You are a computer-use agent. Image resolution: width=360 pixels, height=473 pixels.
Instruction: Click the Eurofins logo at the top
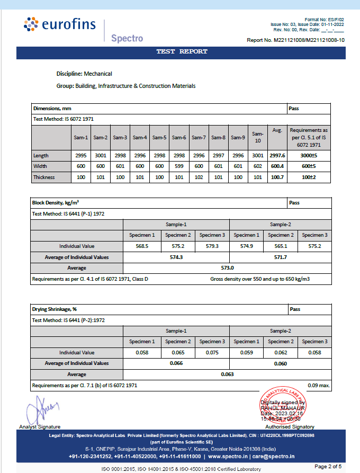click(x=58, y=25)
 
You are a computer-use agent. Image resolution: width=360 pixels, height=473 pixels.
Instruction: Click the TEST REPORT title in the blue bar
click(x=182, y=52)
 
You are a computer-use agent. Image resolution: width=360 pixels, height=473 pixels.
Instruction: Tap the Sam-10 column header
click(x=257, y=137)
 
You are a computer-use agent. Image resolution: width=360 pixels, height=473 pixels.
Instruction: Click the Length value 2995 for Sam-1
click(x=81, y=156)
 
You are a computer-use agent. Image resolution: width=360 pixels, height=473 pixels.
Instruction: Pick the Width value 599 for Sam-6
click(x=179, y=166)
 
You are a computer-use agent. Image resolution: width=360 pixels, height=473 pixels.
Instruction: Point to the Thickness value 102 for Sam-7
click(x=199, y=177)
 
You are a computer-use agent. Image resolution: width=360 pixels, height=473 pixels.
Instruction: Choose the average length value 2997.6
click(x=277, y=156)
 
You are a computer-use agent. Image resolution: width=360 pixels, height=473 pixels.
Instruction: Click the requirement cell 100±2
click(x=309, y=177)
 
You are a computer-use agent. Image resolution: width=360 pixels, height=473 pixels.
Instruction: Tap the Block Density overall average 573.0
click(x=227, y=268)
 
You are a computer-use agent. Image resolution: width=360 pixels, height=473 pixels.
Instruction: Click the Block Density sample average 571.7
click(x=280, y=257)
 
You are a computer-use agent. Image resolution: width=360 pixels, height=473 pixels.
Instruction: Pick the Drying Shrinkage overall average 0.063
click(x=227, y=374)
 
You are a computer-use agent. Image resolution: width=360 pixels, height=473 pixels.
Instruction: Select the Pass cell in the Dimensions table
click(x=294, y=108)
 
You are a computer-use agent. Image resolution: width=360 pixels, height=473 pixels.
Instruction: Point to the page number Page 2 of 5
click(x=328, y=466)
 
